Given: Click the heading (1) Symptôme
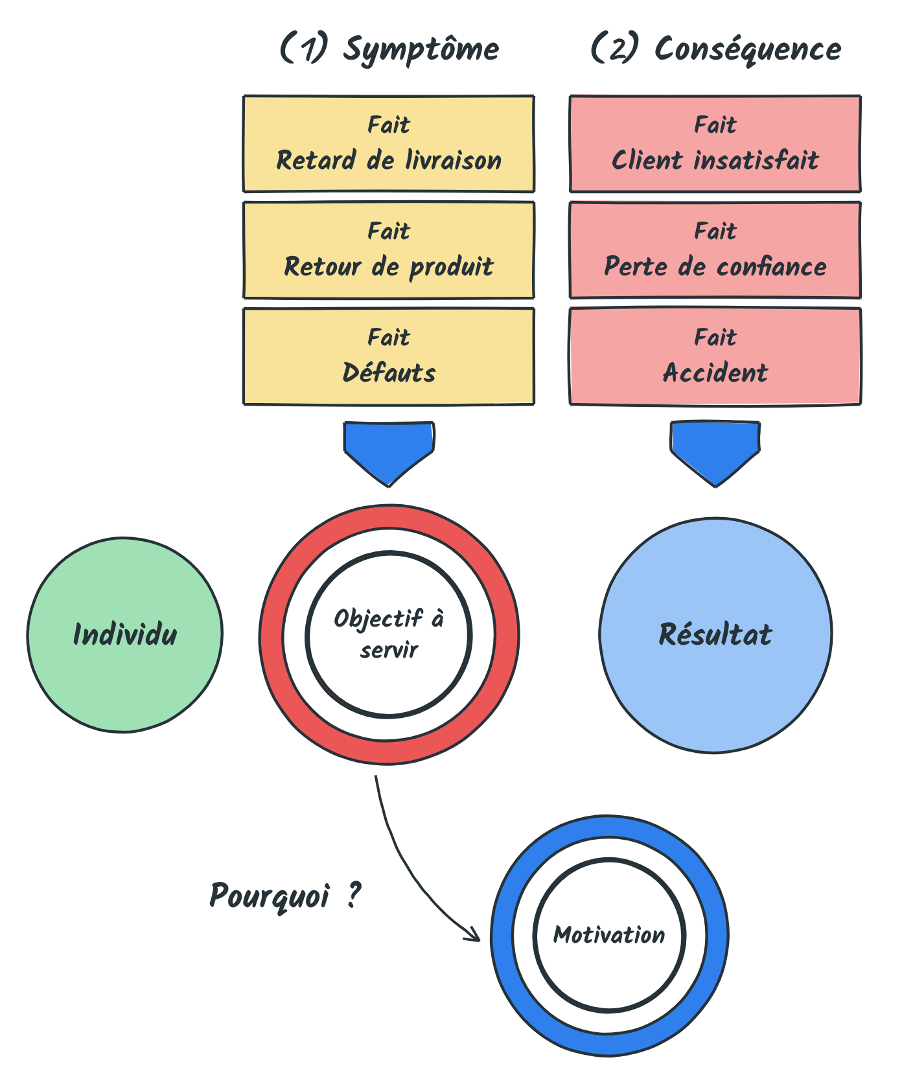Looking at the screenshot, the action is point(389,49).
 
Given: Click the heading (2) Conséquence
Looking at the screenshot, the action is point(716,49).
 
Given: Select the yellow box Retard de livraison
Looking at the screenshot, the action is point(389,144).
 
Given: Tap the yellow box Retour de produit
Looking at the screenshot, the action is point(389,250).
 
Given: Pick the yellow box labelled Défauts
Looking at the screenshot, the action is point(389,356).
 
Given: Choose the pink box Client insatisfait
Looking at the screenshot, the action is point(715,144).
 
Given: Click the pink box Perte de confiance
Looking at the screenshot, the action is point(715,250).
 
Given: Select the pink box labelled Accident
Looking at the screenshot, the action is point(715,356).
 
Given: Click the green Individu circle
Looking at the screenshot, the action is point(125,635).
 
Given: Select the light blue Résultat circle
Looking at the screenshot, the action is point(716,635).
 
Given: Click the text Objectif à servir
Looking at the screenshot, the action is point(389,634).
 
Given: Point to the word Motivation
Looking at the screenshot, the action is point(609,935).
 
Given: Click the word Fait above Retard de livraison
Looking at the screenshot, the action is point(389,124).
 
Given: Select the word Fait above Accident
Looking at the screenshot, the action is point(715,337).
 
